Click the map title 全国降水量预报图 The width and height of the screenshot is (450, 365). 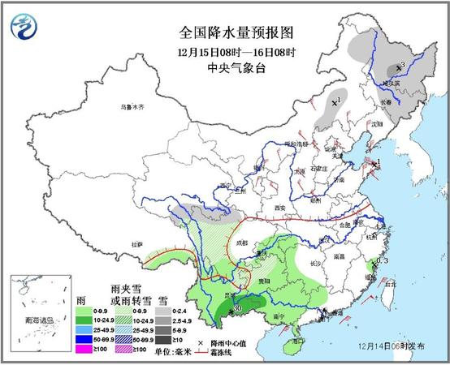pos(236,32)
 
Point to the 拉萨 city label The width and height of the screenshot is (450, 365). pos(134,243)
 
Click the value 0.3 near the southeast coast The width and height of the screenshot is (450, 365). pos(382,260)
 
